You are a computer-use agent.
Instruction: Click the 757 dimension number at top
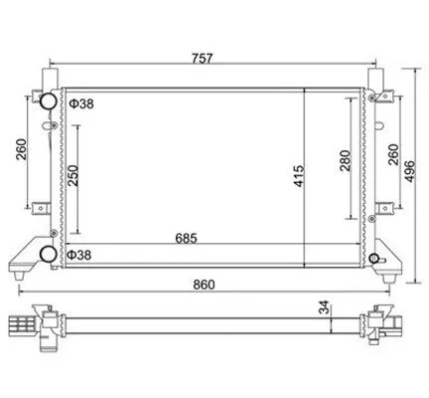[x=202, y=59]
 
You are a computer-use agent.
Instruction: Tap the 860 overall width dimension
[x=205, y=285]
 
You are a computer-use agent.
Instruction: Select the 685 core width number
[x=186, y=238]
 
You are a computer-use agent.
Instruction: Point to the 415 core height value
[x=299, y=176]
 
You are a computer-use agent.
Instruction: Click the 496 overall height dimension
[x=410, y=171]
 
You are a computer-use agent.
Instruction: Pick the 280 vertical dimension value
[x=345, y=160]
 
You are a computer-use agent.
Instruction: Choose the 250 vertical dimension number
[x=73, y=175]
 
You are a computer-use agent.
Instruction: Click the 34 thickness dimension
[x=325, y=307]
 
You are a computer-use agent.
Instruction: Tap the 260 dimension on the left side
[x=21, y=149]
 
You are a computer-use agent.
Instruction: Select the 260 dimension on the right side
[x=393, y=154]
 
